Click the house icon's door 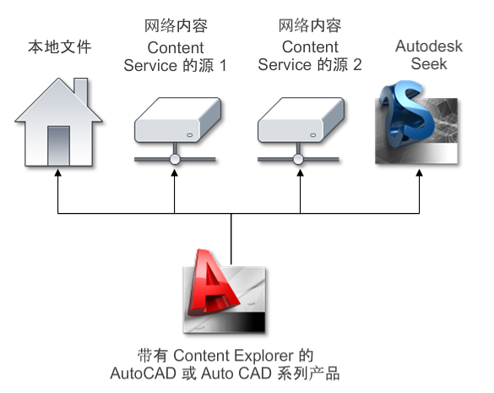[x=58, y=145]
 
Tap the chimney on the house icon [x=81, y=91]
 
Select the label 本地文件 [x=60, y=47]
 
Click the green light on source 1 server [x=190, y=135]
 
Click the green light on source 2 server [x=312, y=135]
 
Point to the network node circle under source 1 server [x=175, y=159]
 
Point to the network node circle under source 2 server [x=298, y=159]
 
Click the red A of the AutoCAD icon [x=214, y=284]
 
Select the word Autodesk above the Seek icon [x=429, y=46]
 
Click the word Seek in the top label [x=429, y=64]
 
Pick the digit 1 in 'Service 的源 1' [x=223, y=66]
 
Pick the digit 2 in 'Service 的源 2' [x=357, y=65]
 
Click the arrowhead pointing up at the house [x=57, y=173]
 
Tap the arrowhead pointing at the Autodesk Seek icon [x=419, y=173]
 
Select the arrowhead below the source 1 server [x=175, y=173]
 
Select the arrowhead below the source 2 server [x=301, y=173]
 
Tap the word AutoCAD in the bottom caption [x=143, y=374]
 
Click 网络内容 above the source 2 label [x=310, y=25]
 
